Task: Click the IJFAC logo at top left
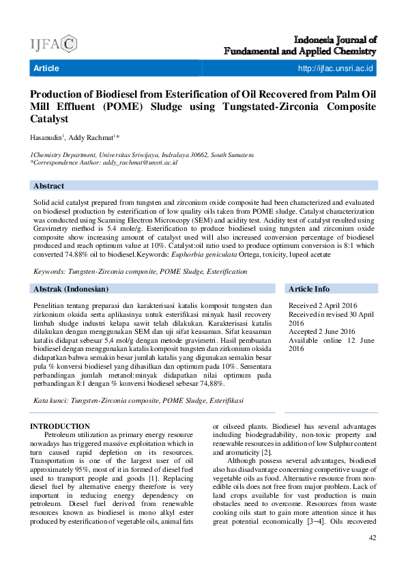pos(54,45)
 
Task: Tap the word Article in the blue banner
pos(46,68)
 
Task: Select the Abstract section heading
pos(48,186)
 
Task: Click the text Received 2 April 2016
pos(323,306)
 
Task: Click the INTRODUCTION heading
pos(60,426)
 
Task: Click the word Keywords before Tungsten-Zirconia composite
pos(52,271)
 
